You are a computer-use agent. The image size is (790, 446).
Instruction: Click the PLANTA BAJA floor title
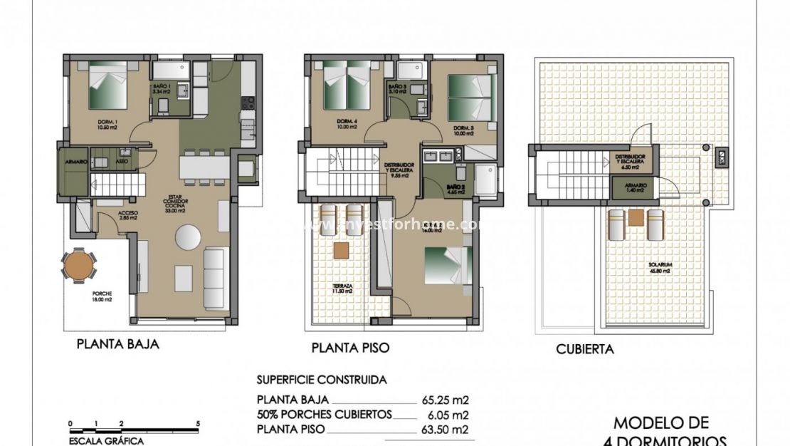pos(117,345)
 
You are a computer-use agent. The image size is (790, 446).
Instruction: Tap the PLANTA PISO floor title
pos(350,348)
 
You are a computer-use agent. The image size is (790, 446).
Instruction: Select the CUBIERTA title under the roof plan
pos(584,349)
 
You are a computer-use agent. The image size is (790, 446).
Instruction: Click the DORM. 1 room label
pos(109,125)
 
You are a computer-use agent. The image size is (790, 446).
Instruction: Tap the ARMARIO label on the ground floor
pos(76,162)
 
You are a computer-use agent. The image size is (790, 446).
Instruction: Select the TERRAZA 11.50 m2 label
pos(342,289)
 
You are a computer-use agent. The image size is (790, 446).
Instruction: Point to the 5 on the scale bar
pos(197,424)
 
